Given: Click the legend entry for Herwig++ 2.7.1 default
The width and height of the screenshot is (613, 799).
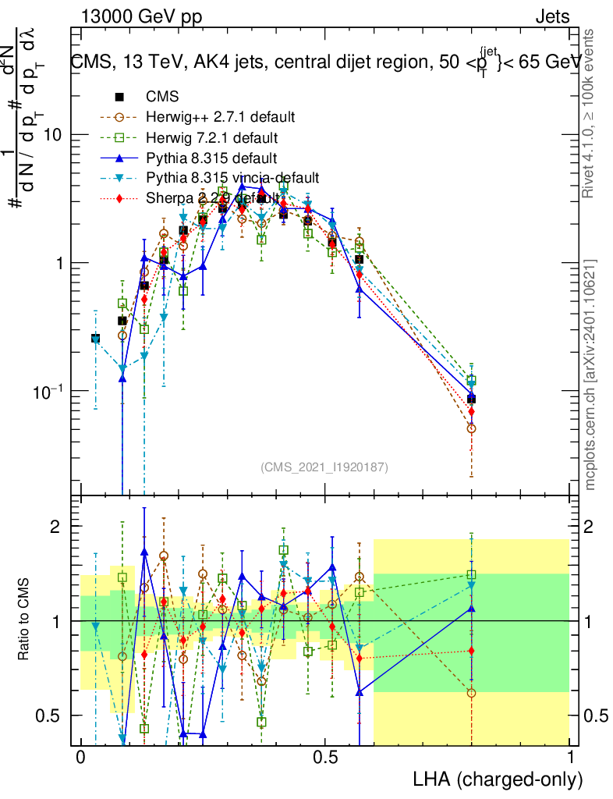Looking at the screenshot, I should pyautogui.click(x=220, y=118).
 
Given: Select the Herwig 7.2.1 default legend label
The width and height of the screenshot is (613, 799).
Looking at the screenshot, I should pyautogui.click(x=213, y=138).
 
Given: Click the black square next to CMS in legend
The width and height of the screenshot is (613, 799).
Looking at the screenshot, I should pyautogui.click(x=120, y=98).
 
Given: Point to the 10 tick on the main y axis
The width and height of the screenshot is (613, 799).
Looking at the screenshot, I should pyautogui.click(x=54, y=135).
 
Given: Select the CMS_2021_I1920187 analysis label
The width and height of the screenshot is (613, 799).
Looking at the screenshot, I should pyautogui.click(x=324, y=467).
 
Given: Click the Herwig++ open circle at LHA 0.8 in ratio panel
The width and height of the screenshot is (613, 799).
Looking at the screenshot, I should pyautogui.click(x=471, y=693).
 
